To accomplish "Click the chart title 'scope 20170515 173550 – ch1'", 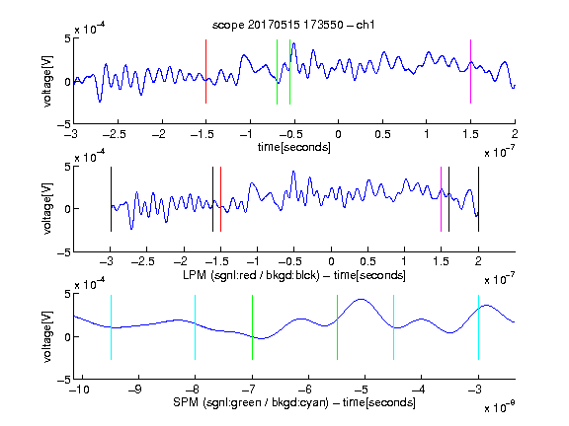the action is (x=293, y=25).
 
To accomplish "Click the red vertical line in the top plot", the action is (x=205, y=72).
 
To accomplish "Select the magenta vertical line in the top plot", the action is (x=470, y=72).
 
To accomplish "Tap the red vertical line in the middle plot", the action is (x=220, y=199).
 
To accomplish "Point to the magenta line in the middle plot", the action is (x=441, y=199).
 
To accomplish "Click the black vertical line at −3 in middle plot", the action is (x=111, y=199).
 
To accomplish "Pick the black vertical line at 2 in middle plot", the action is (x=478, y=199).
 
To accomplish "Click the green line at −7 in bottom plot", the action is (x=252, y=327).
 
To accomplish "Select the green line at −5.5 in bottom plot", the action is (x=337, y=327).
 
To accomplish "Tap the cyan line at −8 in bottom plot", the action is (x=196, y=327).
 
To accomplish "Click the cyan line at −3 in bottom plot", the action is (x=478, y=327).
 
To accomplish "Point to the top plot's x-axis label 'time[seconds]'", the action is (x=294, y=148).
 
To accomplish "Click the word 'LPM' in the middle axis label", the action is (x=195, y=275).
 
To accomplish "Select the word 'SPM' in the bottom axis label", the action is (x=186, y=402).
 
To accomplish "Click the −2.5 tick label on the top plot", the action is (x=114, y=135).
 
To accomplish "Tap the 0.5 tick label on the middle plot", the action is (x=367, y=262).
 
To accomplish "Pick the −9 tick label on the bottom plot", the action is (x=135, y=390).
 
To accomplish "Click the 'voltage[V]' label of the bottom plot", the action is (x=47, y=336).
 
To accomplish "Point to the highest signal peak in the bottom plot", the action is (x=361, y=299).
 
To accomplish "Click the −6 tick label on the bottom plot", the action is (x=308, y=390).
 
